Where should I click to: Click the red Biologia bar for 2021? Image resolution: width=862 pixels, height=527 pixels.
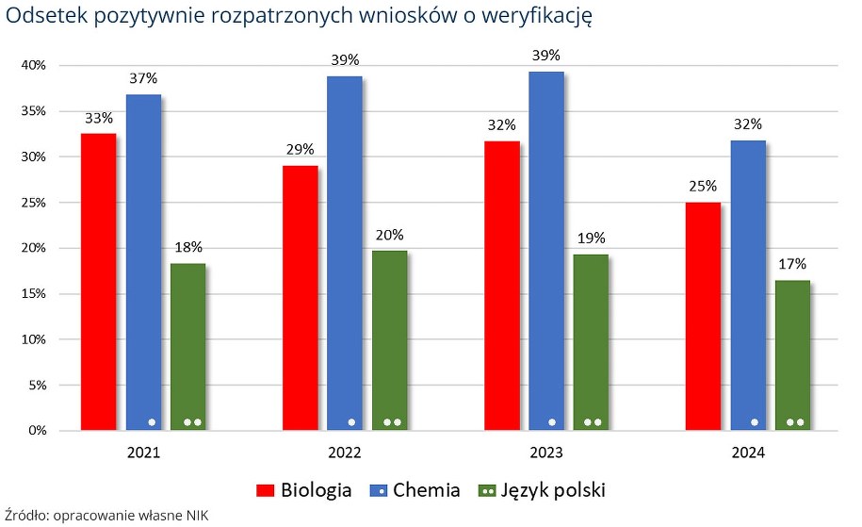click(98, 282)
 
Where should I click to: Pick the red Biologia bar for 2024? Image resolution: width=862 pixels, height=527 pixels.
click(703, 316)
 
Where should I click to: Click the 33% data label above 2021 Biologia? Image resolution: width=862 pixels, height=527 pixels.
click(98, 119)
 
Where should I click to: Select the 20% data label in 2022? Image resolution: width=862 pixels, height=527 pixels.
click(390, 235)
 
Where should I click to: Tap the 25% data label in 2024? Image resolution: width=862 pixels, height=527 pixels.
click(703, 186)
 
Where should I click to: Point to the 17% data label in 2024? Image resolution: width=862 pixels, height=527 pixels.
click(792, 265)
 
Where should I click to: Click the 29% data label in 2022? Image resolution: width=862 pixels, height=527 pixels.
click(300, 150)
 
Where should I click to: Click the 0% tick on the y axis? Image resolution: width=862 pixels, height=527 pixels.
click(37, 431)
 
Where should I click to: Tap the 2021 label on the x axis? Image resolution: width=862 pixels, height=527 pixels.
click(143, 453)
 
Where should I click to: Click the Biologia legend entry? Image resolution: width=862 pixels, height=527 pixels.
click(305, 490)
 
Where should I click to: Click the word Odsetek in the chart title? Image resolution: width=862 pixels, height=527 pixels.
click(43, 16)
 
